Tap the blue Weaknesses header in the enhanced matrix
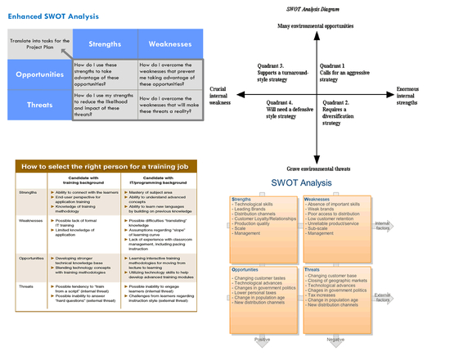coord(169,43)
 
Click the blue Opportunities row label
coord(39,74)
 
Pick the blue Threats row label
coord(39,104)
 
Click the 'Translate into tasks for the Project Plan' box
coord(39,44)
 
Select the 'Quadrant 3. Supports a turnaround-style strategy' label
coord(269,73)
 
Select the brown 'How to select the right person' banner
coord(110,165)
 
